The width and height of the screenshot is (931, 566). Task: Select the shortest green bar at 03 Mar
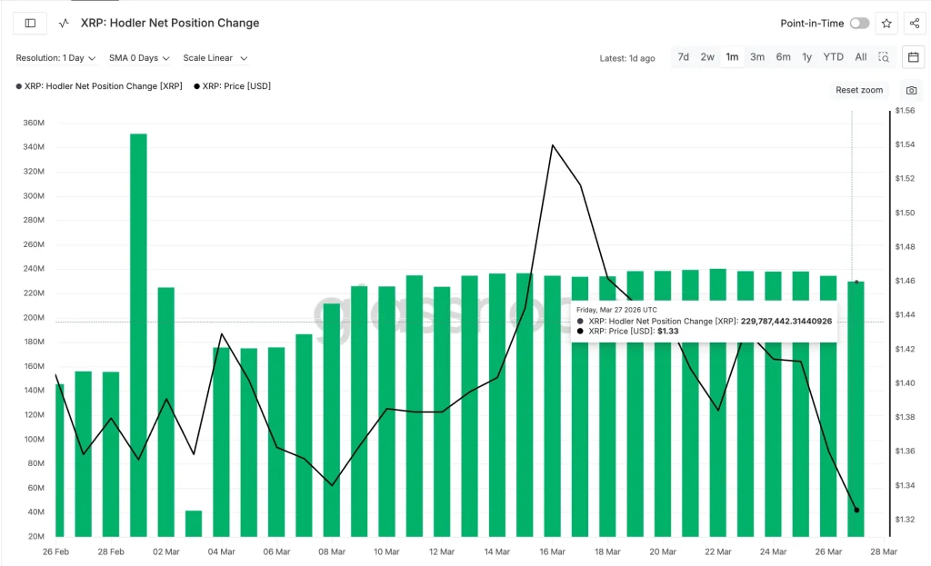coord(194,523)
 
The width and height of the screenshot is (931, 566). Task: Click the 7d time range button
coord(683,57)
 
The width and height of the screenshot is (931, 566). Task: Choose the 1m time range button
coord(732,57)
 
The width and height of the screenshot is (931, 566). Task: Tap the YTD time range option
coord(833,57)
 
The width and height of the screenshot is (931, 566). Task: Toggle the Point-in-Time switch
coord(859,24)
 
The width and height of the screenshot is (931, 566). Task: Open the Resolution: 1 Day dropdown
coord(55,58)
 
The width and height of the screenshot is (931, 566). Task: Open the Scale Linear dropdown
coord(215,58)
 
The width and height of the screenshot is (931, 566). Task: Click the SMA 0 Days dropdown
coord(139,58)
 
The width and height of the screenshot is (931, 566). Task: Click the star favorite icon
coord(886,24)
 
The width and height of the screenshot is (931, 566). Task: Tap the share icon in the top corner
coord(914,24)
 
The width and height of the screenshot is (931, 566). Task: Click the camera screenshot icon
coord(911,90)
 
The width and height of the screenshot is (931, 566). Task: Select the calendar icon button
coord(914,57)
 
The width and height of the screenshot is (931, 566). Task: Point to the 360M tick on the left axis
coord(34,123)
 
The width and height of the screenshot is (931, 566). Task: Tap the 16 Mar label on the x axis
coord(553,551)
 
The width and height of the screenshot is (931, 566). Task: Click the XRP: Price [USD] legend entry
coord(232,86)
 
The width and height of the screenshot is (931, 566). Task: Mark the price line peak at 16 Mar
coord(552,144)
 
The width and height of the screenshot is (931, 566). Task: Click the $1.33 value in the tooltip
coord(668,332)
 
